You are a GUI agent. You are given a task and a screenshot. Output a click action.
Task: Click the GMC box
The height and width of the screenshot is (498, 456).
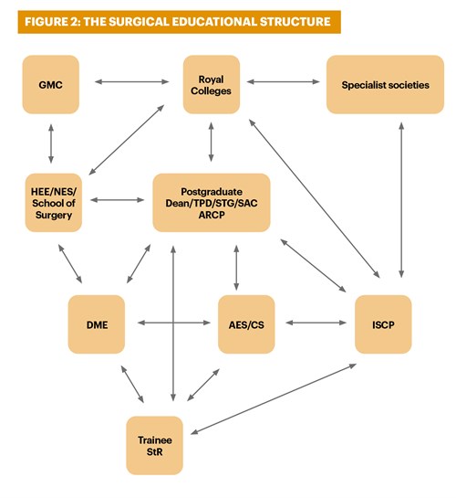click(x=51, y=84)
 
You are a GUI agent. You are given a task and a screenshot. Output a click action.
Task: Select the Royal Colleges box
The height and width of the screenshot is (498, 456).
click(x=212, y=84)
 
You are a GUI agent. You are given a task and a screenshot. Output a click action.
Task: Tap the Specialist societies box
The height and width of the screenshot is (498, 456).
click(x=385, y=84)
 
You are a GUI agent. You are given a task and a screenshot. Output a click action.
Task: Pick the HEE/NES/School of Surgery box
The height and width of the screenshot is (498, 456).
click(x=54, y=203)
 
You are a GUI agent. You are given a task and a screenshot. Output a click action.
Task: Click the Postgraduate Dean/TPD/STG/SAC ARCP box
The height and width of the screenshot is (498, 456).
click(x=212, y=203)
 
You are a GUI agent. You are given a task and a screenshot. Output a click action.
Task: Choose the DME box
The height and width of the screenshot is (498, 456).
click(x=97, y=324)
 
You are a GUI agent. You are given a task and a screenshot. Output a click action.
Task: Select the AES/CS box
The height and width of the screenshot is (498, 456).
click(x=246, y=324)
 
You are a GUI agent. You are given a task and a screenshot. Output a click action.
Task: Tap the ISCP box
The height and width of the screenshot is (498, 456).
click(x=383, y=324)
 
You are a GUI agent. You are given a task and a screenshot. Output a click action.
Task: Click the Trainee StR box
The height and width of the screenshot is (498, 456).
click(x=155, y=445)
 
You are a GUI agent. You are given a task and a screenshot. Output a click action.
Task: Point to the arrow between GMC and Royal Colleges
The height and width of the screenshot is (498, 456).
click(x=131, y=81)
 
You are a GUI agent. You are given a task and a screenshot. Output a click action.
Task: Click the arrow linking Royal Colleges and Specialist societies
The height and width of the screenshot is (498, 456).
click(x=283, y=81)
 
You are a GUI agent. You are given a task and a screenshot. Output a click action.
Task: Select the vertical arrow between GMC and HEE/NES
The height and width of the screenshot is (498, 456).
click(x=51, y=143)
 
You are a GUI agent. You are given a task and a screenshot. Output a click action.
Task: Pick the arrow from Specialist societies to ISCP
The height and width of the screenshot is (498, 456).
click(x=401, y=200)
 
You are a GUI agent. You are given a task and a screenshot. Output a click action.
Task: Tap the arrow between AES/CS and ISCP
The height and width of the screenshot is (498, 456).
click(x=316, y=323)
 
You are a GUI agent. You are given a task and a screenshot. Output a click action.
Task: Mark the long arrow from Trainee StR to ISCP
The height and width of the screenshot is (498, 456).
click(x=274, y=399)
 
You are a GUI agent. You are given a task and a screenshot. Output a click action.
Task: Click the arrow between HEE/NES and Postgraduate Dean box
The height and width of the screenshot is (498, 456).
click(x=118, y=200)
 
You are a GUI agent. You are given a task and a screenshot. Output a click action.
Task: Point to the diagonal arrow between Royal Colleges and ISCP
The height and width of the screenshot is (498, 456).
click(x=314, y=198)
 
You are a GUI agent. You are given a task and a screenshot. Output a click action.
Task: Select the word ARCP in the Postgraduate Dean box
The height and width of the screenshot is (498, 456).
click(x=212, y=215)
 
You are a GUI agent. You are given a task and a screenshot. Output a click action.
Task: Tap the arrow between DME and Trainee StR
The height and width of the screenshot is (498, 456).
click(x=132, y=384)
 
